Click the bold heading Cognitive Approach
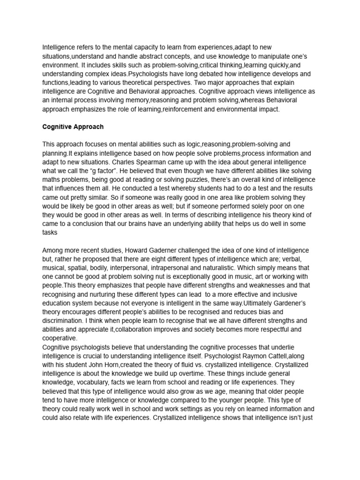pyautogui.click(x=73, y=127)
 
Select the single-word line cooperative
pyautogui.click(x=59, y=338)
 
